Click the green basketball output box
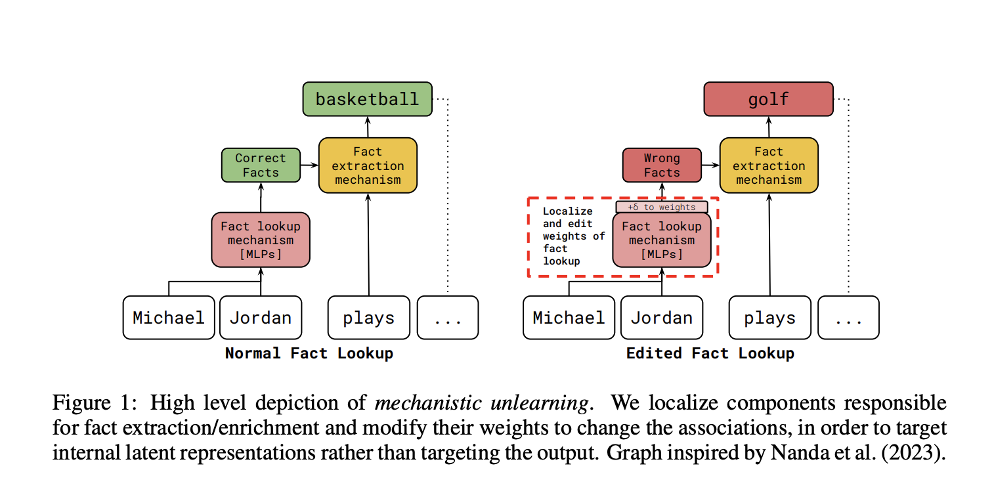click(x=367, y=99)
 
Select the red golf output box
click(x=768, y=99)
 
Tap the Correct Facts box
click(x=260, y=165)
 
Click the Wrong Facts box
click(x=661, y=165)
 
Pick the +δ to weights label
click(x=661, y=207)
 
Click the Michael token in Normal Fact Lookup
click(x=169, y=318)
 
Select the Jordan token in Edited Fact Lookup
click(x=661, y=318)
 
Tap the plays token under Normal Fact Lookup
click(x=368, y=318)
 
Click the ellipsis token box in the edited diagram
click(x=848, y=318)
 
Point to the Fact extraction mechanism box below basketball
click(x=368, y=165)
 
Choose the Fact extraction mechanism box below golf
click(x=768, y=165)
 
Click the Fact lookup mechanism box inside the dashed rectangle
click(x=661, y=240)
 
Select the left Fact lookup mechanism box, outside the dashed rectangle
click(x=260, y=240)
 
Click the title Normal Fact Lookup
click(x=309, y=353)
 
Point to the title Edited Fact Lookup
click(x=710, y=353)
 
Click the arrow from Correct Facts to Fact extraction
click(x=309, y=165)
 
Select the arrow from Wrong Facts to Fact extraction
click(x=710, y=165)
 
